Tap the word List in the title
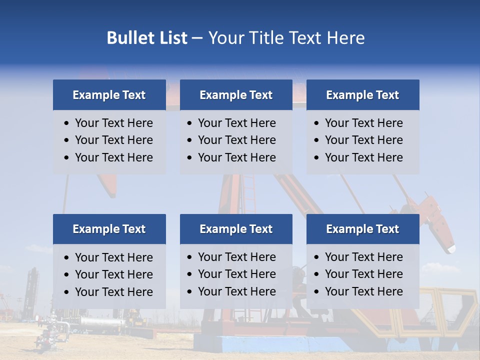pos(170,38)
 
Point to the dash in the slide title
pos(197,38)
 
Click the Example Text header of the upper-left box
pos(109,95)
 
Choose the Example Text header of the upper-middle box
pos(236,95)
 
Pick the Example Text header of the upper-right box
pos(362,95)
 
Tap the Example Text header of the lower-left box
pos(109,229)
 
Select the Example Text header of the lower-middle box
pos(236,229)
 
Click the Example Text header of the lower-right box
pos(362,229)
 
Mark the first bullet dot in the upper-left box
pos(67,123)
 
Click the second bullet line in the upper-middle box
pos(236,140)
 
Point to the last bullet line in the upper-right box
pos(363,157)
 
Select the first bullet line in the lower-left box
pos(113,257)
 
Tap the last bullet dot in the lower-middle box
pos(189,291)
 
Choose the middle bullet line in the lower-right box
pos(363,274)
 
